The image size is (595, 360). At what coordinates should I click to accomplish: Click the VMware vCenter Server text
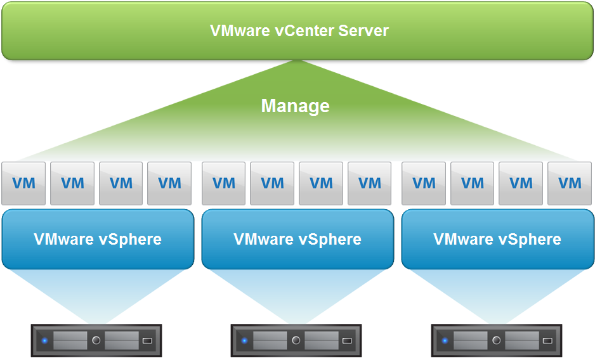coord(299,30)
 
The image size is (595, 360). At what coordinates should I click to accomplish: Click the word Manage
coord(295,105)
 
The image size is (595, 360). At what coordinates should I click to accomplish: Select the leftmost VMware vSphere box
coord(98,239)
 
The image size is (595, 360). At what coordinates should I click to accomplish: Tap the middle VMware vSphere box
coord(297,239)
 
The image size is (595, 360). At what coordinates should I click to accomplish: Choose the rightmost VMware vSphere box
coord(497,239)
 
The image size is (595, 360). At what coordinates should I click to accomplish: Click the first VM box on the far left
coord(23,183)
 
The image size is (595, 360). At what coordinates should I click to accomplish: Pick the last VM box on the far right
coord(570,183)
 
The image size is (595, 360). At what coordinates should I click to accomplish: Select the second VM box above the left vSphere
coord(72,183)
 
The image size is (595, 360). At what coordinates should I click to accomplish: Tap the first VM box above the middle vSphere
coord(223,183)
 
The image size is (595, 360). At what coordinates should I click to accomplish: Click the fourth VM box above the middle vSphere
coord(370,183)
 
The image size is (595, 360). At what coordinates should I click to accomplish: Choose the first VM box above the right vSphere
coord(424,183)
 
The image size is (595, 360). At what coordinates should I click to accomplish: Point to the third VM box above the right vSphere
coord(521,183)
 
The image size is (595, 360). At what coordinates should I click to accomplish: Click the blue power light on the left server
coord(44,341)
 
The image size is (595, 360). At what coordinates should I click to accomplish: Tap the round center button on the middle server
coord(296,340)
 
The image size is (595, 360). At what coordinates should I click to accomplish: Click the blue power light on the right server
coord(445,341)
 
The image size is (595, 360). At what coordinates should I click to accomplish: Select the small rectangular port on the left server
coord(147,341)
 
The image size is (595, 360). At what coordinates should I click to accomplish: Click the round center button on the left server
coord(96,340)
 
